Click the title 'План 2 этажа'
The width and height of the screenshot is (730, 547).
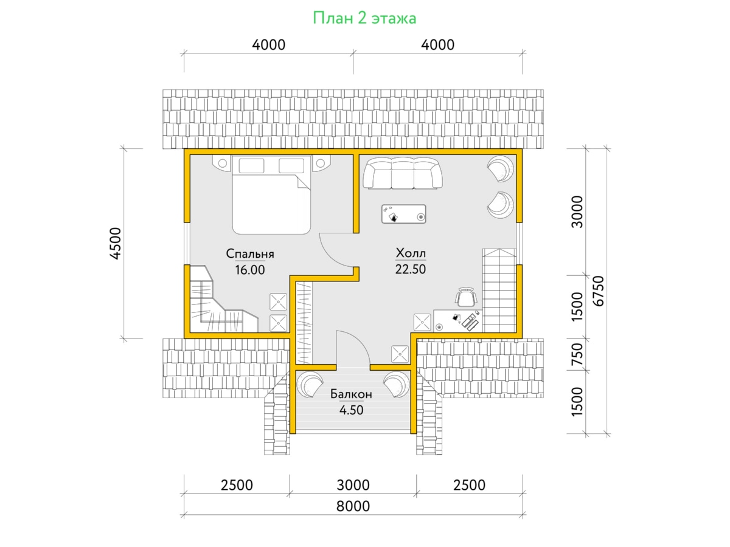click(x=364, y=18)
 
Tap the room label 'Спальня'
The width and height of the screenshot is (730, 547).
click(x=250, y=253)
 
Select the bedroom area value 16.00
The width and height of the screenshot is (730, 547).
click(x=250, y=270)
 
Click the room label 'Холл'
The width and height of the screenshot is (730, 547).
click(x=411, y=253)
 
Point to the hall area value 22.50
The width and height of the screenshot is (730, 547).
click(x=411, y=269)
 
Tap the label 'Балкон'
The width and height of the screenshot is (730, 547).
click(x=351, y=394)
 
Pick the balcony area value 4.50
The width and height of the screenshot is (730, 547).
click(x=351, y=410)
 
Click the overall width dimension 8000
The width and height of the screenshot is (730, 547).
click(x=353, y=506)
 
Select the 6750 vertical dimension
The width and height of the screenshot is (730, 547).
click(x=598, y=291)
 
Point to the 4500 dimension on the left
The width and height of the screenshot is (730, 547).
click(x=116, y=244)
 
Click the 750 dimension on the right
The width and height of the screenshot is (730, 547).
click(x=577, y=354)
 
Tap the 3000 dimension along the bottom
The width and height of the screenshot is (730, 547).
click(x=353, y=485)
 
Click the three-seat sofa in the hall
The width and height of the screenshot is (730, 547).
click(x=403, y=173)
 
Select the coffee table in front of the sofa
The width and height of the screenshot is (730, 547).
click(x=404, y=214)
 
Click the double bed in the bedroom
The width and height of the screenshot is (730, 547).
click(x=271, y=195)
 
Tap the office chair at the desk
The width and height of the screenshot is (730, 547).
click(x=465, y=297)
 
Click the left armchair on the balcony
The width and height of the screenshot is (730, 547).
click(x=309, y=384)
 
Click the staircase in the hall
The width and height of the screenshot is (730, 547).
click(x=499, y=291)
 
